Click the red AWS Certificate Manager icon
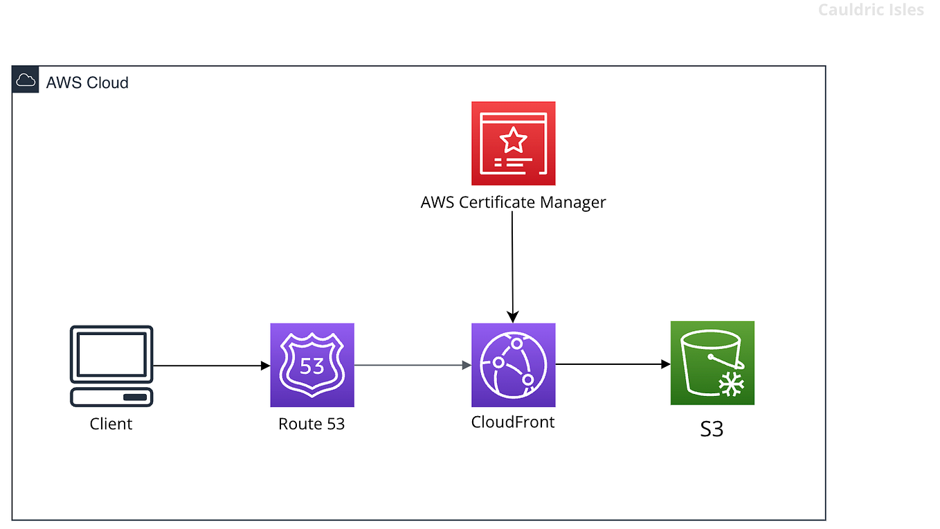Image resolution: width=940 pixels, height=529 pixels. pyautogui.click(x=513, y=143)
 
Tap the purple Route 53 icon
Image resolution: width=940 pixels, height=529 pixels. pyautogui.click(x=311, y=365)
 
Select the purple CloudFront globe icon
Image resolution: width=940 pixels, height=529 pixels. pyautogui.click(x=513, y=365)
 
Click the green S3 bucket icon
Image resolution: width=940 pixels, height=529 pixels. pyautogui.click(x=712, y=363)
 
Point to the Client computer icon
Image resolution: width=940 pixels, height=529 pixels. pyautogui.click(x=111, y=366)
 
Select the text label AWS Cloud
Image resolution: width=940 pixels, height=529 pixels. pyautogui.click(x=87, y=82)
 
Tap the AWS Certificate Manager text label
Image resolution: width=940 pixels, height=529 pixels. pyautogui.click(x=513, y=202)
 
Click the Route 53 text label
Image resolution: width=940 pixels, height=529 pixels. pyautogui.click(x=311, y=424)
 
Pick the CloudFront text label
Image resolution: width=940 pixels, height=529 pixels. pyautogui.click(x=513, y=422)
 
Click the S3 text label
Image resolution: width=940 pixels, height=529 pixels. pyautogui.click(x=712, y=429)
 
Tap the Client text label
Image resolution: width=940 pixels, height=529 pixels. pyautogui.click(x=111, y=424)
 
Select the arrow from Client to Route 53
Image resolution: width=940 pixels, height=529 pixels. pyautogui.click(x=211, y=366)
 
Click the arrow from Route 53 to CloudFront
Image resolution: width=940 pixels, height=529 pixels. pyautogui.click(x=413, y=365)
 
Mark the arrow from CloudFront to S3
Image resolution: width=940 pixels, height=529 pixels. pyautogui.click(x=613, y=364)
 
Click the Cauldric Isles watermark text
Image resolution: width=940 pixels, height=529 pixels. pyautogui.click(x=870, y=10)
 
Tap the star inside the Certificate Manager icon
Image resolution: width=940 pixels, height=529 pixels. pyautogui.click(x=513, y=141)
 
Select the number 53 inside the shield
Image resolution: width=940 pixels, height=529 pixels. pyautogui.click(x=312, y=365)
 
